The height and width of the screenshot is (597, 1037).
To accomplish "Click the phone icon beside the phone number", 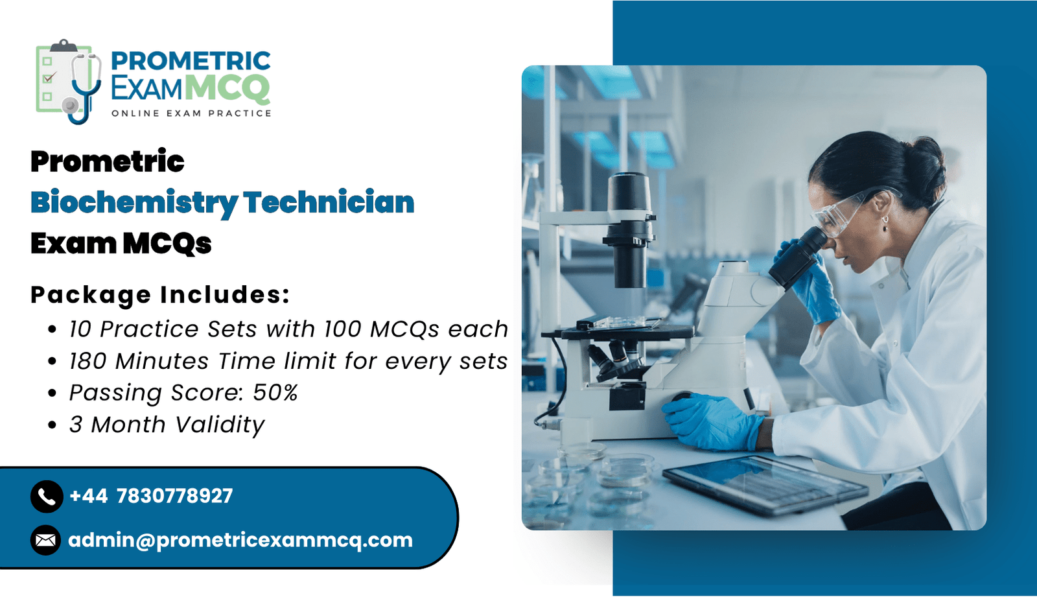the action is pyautogui.click(x=47, y=496).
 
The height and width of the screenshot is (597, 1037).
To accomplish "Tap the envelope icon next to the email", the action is pyautogui.click(x=46, y=540).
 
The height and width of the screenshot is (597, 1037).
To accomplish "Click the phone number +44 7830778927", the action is pyautogui.click(x=151, y=496).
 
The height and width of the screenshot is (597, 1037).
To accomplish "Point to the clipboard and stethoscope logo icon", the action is pyautogui.click(x=69, y=82).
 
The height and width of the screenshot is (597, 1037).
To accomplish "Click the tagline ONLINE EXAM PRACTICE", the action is pyautogui.click(x=191, y=113).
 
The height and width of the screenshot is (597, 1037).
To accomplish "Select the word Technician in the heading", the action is pyautogui.click(x=329, y=202).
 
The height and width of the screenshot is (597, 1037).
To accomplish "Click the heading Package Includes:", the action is pyautogui.click(x=160, y=294).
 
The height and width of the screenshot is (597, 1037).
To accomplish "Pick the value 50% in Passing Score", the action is pyautogui.click(x=275, y=393).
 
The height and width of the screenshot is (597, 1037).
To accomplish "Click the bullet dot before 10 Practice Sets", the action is pyautogui.click(x=52, y=329).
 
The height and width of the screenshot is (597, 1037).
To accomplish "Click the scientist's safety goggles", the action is pyautogui.click(x=847, y=212).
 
